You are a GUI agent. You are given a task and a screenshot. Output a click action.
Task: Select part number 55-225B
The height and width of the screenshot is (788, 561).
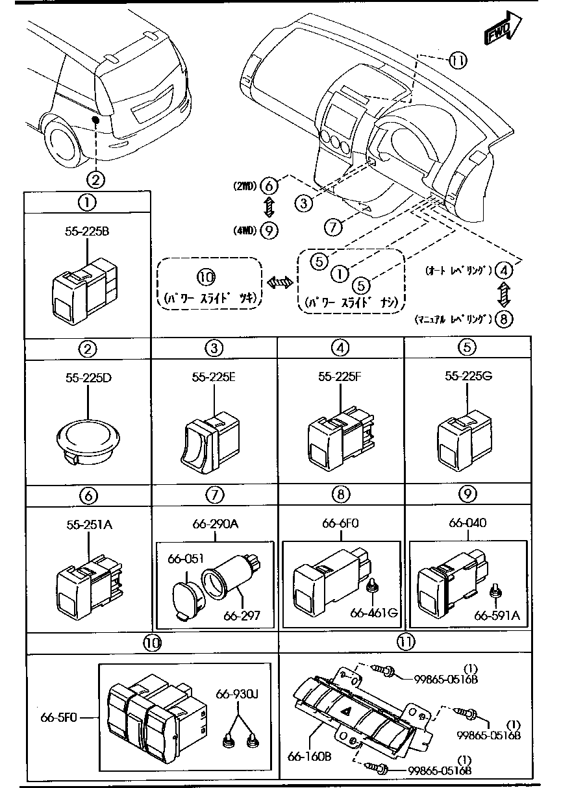87,230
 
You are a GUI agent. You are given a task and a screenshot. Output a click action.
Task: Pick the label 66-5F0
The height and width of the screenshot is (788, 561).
60,718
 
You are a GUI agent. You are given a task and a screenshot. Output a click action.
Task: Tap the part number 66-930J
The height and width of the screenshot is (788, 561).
238,695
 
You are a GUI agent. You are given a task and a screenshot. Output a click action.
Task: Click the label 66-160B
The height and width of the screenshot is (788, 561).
310,756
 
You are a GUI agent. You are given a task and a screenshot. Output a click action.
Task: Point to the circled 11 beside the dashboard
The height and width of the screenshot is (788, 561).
458,60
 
